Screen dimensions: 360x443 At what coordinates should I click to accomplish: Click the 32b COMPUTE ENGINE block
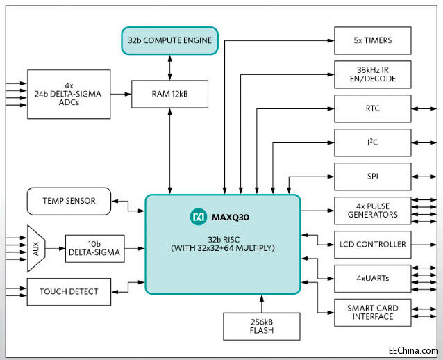tap(169, 40)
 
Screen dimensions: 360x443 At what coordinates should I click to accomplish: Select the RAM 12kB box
tap(169, 94)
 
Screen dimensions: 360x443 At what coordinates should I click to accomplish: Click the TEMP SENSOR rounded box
tap(70, 201)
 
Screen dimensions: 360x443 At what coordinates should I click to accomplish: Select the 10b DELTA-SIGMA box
tap(95, 249)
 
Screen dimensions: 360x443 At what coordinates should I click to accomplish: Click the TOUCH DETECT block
tap(70, 291)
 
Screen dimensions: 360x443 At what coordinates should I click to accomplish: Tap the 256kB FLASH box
tap(261, 326)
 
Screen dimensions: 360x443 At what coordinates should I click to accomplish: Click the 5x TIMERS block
tap(372, 40)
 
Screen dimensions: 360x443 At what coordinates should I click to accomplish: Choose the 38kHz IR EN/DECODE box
tap(372, 74)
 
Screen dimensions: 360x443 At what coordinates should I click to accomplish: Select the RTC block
tap(372, 108)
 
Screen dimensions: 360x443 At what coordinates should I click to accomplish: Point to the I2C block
tap(372, 142)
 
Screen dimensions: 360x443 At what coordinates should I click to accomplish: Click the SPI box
tap(372, 176)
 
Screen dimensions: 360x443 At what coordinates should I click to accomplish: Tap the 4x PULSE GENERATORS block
tap(372, 210)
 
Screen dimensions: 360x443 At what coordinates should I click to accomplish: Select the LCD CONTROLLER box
tap(372, 244)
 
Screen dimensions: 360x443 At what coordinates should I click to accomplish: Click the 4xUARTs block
tap(372, 278)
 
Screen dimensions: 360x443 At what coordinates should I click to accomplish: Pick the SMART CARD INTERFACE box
tap(372, 312)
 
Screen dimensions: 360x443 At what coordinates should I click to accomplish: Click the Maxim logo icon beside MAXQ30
tap(198, 218)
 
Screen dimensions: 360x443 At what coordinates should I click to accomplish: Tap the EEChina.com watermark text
tap(413, 351)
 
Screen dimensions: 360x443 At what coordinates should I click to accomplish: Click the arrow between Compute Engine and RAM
tap(169, 67)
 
